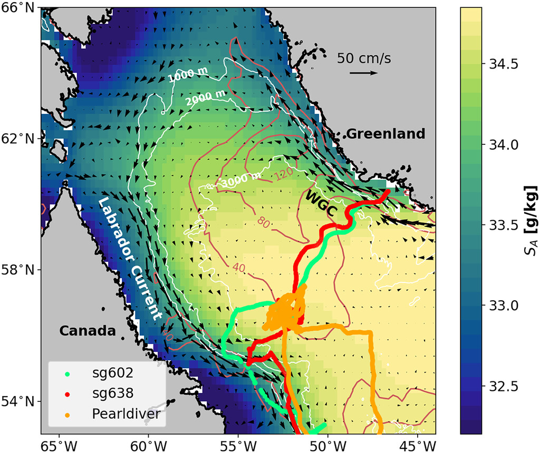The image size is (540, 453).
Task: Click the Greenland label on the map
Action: coord(385,134)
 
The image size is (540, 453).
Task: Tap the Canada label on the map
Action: coord(87,331)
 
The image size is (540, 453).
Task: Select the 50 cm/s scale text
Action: coord(364,58)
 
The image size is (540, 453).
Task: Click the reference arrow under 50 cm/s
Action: coord(364,73)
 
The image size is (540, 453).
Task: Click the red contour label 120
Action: coord(284,175)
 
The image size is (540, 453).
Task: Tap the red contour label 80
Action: coord(264,223)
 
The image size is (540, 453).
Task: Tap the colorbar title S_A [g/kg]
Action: coord(528,220)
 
